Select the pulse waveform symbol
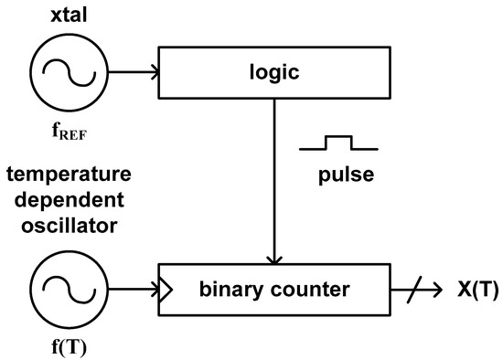click(x=336, y=143)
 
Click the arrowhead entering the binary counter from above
click(x=273, y=261)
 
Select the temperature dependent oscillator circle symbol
click(x=61, y=291)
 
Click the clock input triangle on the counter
click(x=166, y=291)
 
